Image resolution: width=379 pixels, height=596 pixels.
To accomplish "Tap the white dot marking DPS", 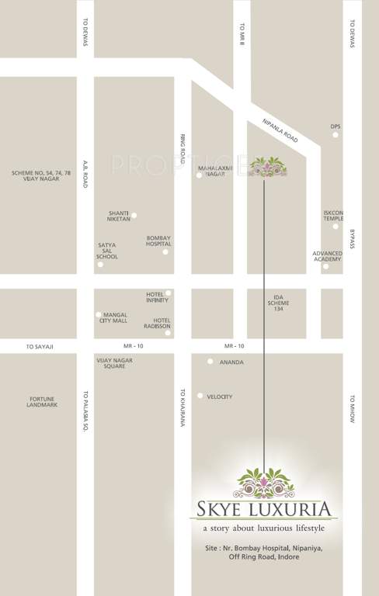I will pos(336,135).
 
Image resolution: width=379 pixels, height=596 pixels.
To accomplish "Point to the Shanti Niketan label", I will pos(119,217).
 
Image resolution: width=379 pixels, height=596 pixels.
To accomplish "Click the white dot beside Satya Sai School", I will pos(100,265).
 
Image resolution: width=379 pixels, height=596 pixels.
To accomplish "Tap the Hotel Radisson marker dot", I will pos(168,333).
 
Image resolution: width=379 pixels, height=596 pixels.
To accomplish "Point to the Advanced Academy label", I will pos(327,256).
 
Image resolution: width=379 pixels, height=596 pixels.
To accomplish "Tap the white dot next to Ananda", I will pos(210,362).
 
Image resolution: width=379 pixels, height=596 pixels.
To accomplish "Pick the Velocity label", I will pos(220,397).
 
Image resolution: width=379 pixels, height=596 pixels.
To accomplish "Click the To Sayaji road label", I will pos(40,346).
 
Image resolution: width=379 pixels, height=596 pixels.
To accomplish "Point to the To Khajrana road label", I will pos(183,407).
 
